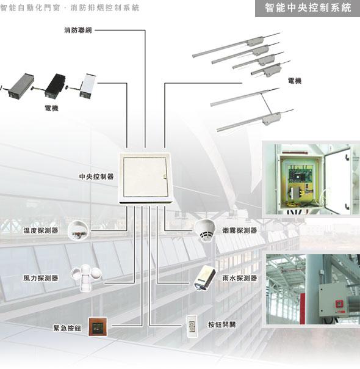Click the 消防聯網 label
coord(78,31)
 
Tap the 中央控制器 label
coord(96,177)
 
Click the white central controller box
coord(146,178)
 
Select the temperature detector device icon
coord(79,230)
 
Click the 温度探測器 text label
coord(41,230)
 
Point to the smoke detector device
coord(205,230)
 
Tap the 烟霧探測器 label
coord(240,230)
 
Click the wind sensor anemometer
coord(86,277)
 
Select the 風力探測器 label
coord(41,278)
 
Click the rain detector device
coord(204,278)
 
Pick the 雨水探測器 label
coord(240,278)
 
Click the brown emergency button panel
coord(98,327)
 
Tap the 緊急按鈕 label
coord(67,328)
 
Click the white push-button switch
coord(192,326)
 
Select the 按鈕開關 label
coord(222,325)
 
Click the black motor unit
coord(55,86)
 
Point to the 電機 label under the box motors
coord(51,108)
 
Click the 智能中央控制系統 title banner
coord(308,8)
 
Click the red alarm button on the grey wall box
coord(339,304)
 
